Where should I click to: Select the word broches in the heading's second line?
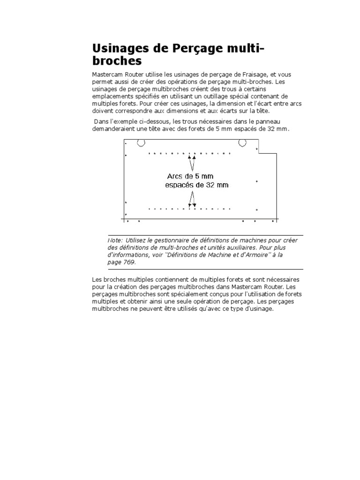117,61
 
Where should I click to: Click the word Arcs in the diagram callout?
175,176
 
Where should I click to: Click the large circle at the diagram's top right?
242,142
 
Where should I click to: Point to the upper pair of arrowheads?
192,158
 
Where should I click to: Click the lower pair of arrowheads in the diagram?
192,205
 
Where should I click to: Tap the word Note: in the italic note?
115,240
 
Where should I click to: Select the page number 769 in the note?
129,262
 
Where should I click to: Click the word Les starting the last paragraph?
97,280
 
